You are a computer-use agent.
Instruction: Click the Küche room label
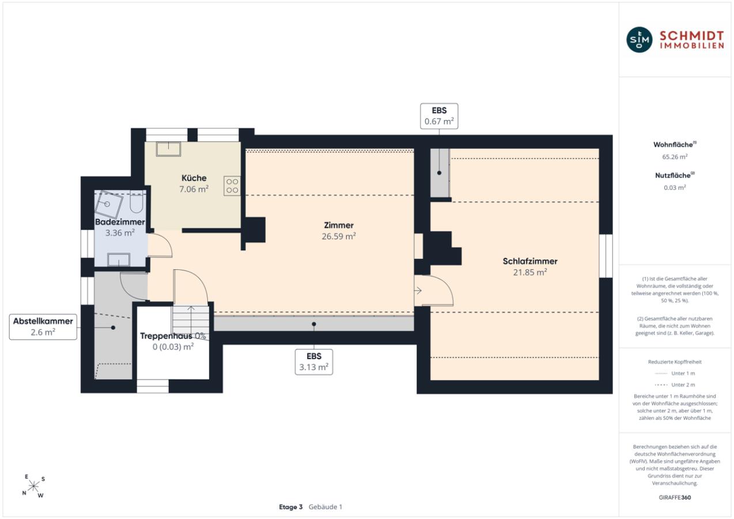click(x=194, y=178)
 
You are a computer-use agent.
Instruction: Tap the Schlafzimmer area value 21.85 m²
click(x=530, y=272)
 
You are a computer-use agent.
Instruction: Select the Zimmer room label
click(x=339, y=225)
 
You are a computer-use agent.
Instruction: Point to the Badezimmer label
click(x=120, y=222)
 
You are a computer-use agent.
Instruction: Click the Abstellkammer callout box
click(x=43, y=327)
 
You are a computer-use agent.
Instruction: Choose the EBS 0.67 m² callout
click(x=439, y=116)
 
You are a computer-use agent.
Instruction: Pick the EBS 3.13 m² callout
click(x=314, y=362)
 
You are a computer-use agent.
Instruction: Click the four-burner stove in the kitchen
click(x=232, y=186)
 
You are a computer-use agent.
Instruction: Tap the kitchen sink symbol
click(x=168, y=149)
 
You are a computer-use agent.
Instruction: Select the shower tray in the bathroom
click(x=108, y=204)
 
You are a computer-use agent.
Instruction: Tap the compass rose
click(x=33, y=486)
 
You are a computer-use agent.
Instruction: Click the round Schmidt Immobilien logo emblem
click(x=639, y=40)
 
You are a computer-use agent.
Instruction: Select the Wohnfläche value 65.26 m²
click(x=675, y=157)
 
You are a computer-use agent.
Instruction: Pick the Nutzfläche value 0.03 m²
click(x=675, y=187)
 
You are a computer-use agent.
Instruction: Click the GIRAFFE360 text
click(x=675, y=497)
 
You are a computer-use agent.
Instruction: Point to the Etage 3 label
click(x=290, y=507)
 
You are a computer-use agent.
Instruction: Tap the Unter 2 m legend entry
click(x=675, y=385)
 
